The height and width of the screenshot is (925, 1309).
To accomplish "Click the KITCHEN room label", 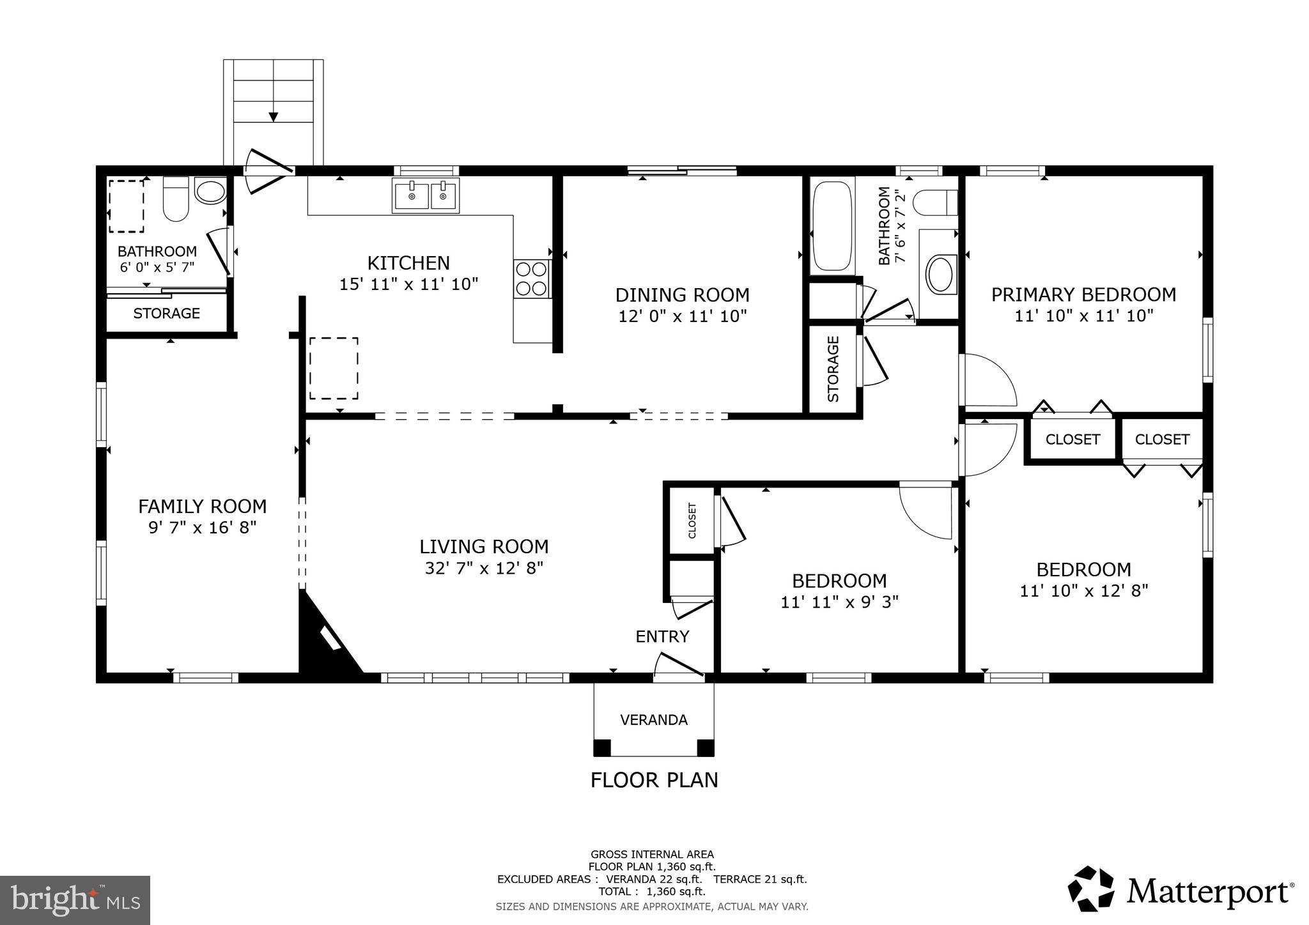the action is [408, 263].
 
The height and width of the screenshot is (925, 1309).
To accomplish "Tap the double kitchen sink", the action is [426, 195].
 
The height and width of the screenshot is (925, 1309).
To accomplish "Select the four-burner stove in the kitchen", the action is [532, 279].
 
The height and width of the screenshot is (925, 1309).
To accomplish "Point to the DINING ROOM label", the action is [682, 295].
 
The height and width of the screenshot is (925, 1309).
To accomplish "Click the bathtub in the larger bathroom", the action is [832, 226].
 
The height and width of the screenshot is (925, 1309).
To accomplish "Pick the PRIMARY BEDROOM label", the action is [1083, 294].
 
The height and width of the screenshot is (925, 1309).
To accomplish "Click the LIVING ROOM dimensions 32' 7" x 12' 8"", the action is [484, 568].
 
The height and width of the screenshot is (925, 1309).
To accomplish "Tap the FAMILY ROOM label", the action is [203, 507].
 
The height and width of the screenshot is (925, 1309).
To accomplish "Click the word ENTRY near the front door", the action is [662, 637].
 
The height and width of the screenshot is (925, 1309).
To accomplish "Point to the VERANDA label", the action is [654, 720].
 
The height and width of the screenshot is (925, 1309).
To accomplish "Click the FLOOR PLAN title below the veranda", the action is [654, 780].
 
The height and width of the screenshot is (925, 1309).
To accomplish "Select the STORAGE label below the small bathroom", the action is [166, 314].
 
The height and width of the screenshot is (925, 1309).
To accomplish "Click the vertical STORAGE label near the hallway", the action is [833, 369].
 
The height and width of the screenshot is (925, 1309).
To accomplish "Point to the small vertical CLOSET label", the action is [692, 521].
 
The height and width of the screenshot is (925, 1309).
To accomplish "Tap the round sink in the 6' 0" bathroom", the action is [210, 191].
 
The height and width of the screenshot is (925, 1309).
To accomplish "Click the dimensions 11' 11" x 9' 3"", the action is [839, 602].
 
